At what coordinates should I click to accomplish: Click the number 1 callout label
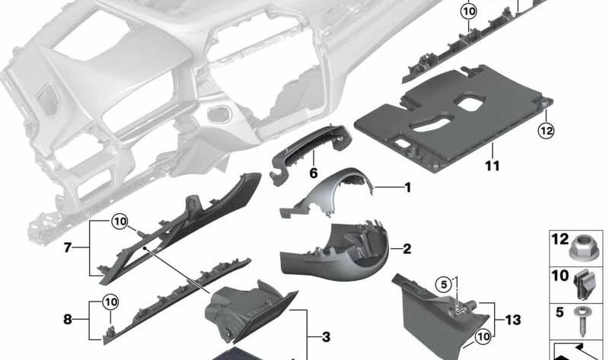[x=407, y=186]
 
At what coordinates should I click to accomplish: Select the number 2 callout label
[x=407, y=249]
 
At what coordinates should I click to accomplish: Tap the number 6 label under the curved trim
[x=313, y=174]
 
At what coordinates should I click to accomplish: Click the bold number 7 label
[x=67, y=249]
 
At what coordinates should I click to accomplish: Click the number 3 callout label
[x=326, y=336]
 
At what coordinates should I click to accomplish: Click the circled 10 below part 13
[x=482, y=336]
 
